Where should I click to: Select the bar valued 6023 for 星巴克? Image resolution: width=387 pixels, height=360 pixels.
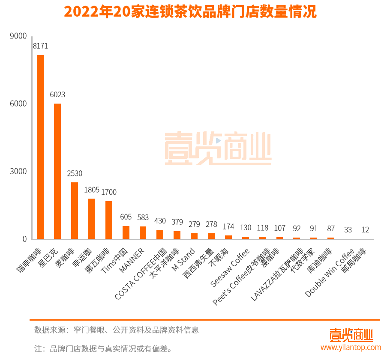pyautogui.click(x=57, y=171)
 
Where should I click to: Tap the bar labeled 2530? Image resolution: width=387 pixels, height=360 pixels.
pyautogui.click(x=75, y=211)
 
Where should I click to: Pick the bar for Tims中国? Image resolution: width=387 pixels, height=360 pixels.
pyautogui.click(x=126, y=232)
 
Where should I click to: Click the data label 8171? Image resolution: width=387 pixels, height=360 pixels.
pyautogui.click(x=40, y=46)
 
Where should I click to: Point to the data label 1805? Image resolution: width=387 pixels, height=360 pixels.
pyautogui.click(x=92, y=189)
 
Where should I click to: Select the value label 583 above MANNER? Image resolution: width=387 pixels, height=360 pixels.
pyautogui.click(x=143, y=217)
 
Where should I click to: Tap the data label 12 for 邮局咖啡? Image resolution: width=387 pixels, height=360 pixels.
pyautogui.click(x=365, y=230)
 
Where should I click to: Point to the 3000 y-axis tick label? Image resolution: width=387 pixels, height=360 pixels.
pyautogui.click(x=18, y=171)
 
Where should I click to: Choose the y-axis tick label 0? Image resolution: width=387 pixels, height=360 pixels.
pyautogui.click(x=24, y=239)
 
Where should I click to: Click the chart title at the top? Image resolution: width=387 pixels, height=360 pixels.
pyautogui.click(x=190, y=12)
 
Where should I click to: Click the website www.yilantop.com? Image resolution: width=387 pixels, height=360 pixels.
pyautogui.click(x=351, y=347)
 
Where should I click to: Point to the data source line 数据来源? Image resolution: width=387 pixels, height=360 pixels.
pyautogui.click(x=117, y=330)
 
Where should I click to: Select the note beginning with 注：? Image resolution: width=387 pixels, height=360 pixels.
pyautogui.click(x=103, y=348)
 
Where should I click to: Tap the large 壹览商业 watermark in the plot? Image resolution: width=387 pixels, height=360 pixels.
pyautogui.click(x=218, y=148)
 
